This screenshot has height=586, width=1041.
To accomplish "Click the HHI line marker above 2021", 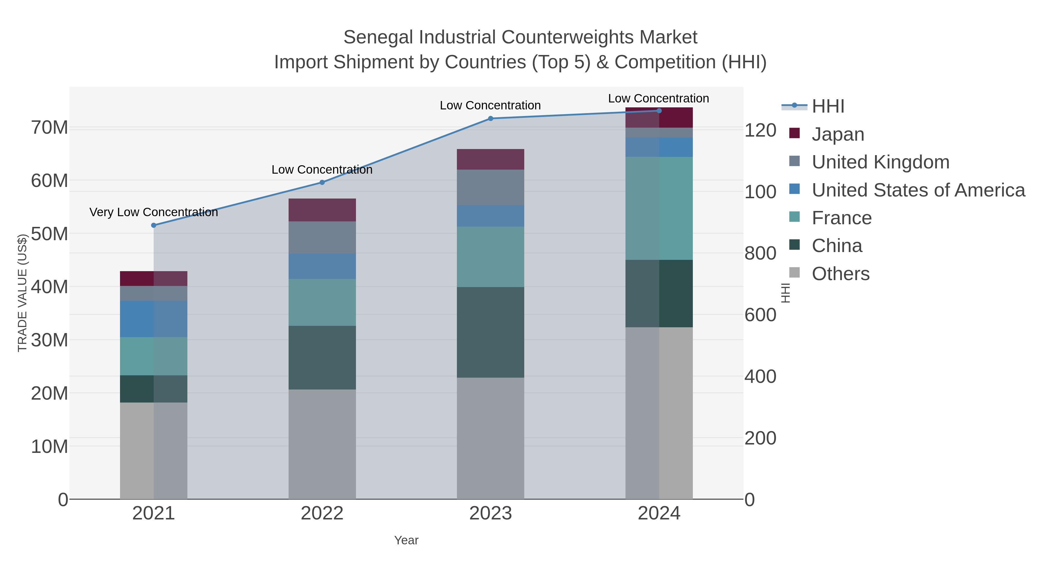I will [154, 225].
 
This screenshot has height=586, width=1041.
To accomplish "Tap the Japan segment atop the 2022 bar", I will [322, 210].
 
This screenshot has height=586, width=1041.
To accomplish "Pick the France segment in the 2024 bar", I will [659, 208].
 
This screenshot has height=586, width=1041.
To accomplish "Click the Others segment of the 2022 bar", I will [322, 444].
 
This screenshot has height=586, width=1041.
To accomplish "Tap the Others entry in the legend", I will [841, 274].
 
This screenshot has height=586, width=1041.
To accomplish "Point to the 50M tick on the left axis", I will [49, 234].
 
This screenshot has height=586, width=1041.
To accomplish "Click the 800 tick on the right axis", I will [760, 253].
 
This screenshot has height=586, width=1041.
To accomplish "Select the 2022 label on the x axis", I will [322, 513].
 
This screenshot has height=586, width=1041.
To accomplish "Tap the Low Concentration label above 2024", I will [658, 98].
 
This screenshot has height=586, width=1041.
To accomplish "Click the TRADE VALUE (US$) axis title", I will [22, 293].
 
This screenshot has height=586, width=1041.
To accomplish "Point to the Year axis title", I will [406, 540].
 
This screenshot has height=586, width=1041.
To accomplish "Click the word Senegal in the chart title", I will [378, 37].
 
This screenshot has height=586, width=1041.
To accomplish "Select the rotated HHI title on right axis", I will [785, 293].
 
